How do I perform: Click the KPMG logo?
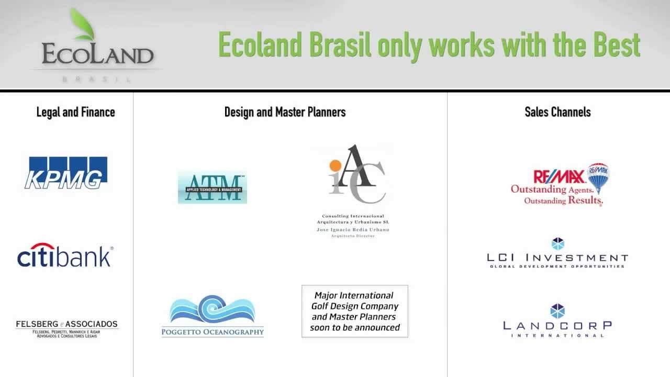click(66, 172)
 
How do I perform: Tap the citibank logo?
click(65, 256)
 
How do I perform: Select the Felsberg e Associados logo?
click(66, 328)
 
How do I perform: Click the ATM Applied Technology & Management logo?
click(212, 187)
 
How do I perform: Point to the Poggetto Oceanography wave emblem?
click(213, 309)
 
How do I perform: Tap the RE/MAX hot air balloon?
click(599, 177)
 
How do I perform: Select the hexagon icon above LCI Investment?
click(558, 244)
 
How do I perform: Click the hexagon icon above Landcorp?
click(558, 311)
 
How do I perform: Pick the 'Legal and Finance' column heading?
click(75, 112)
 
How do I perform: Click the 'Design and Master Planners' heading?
click(285, 112)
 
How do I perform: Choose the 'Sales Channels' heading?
click(557, 112)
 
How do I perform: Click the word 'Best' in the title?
click(617, 45)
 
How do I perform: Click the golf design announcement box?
click(354, 312)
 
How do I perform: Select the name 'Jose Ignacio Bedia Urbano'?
click(353, 230)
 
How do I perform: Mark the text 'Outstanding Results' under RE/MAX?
click(563, 201)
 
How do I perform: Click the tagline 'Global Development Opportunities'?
click(557, 267)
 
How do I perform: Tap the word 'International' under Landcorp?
click(557, 336)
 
